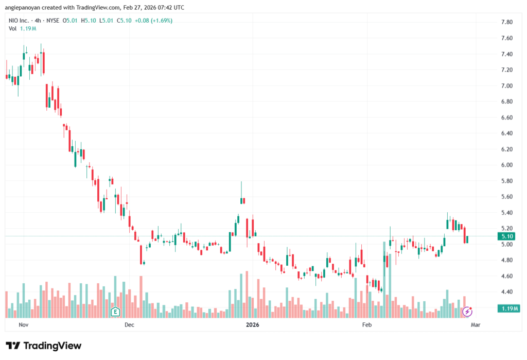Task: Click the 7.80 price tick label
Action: (506, 22)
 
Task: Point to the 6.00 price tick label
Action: (506, 165)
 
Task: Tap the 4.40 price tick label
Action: (506, 292)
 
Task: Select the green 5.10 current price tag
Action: (507, 236)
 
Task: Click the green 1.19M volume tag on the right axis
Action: (508, 308)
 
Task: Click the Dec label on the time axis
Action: (129, 325)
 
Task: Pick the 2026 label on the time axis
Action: (252, 325)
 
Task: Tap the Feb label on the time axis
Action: (366, 325)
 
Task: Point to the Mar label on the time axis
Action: (476, 325)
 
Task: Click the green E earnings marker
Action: (116, 312)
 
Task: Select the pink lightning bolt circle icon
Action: (467, 311)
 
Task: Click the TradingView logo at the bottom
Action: (44, 346)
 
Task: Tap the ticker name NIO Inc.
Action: (21, 21)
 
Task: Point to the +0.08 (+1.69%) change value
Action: (153, 21)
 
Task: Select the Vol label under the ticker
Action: (12, 28)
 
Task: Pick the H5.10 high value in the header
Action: (90, 21)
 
